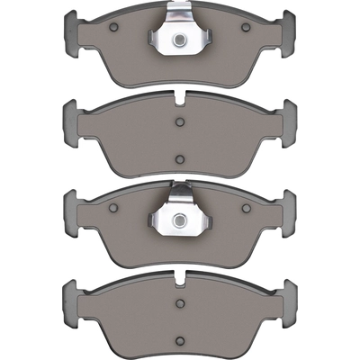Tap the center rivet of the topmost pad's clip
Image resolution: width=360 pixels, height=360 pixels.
[x=180, y=40]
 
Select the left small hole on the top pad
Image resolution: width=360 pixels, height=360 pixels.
[x=112, y=28]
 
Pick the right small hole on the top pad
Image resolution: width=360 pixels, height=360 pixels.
[x=246, y=28]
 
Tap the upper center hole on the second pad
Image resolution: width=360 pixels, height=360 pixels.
[x=179, y=121]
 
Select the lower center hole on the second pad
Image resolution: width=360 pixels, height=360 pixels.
[x=179, y=160]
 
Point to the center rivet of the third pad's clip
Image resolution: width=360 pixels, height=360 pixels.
[x=180, y=219]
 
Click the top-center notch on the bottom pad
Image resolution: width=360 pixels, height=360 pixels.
[x=180, y=275]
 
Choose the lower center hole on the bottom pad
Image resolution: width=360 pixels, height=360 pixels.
[x=179, y=339]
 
